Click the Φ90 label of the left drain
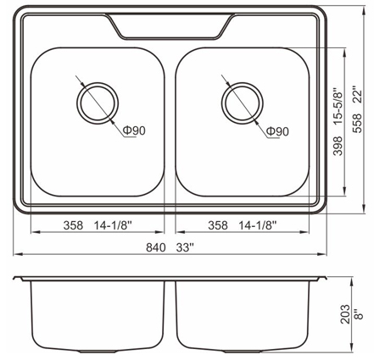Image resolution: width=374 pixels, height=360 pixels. (134, 130)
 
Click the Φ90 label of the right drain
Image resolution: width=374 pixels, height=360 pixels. (277, 131)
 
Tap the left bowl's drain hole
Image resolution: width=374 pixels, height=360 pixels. (98, 103)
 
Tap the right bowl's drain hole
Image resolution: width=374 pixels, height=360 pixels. (243, 103)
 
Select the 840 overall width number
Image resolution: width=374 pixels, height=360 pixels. (156, 247)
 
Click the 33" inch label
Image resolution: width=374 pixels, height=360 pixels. (185, 247)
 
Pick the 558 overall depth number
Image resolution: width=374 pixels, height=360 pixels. (357, 123)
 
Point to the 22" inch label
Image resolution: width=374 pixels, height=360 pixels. (357, 97)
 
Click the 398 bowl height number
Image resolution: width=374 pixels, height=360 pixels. (338, 146)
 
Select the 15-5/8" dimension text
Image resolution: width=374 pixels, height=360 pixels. (338, 108)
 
